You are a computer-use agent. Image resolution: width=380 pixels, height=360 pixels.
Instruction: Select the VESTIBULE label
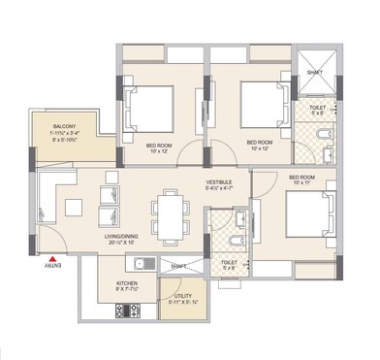[x=220, y=180]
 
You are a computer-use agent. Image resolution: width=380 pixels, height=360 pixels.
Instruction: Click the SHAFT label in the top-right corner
[x=313, y=72]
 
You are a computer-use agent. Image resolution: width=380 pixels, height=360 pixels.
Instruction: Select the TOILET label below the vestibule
[x=229, y=261]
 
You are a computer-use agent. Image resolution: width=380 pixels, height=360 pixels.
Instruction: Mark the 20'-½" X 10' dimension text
[x=130, y=243]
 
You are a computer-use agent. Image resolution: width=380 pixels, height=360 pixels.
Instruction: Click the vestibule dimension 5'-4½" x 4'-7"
[x=220, y=189]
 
